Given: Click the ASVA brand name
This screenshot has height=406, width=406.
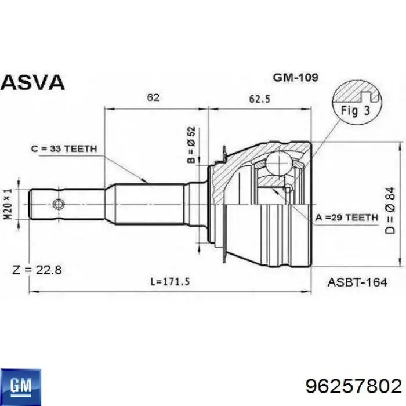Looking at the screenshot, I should [x=32, y=82].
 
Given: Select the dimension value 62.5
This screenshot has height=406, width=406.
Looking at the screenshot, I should [x=259, y=98].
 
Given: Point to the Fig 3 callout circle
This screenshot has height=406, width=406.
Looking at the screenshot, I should [x=357, y=103].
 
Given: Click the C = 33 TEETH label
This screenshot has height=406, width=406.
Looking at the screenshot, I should [x=64, y=149].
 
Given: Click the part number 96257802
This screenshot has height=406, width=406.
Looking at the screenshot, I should [x=352, y=386].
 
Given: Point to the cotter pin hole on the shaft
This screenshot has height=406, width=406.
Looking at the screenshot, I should [x=57, y=204].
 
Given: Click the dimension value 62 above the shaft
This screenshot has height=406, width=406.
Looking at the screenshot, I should [x=153, y=98].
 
